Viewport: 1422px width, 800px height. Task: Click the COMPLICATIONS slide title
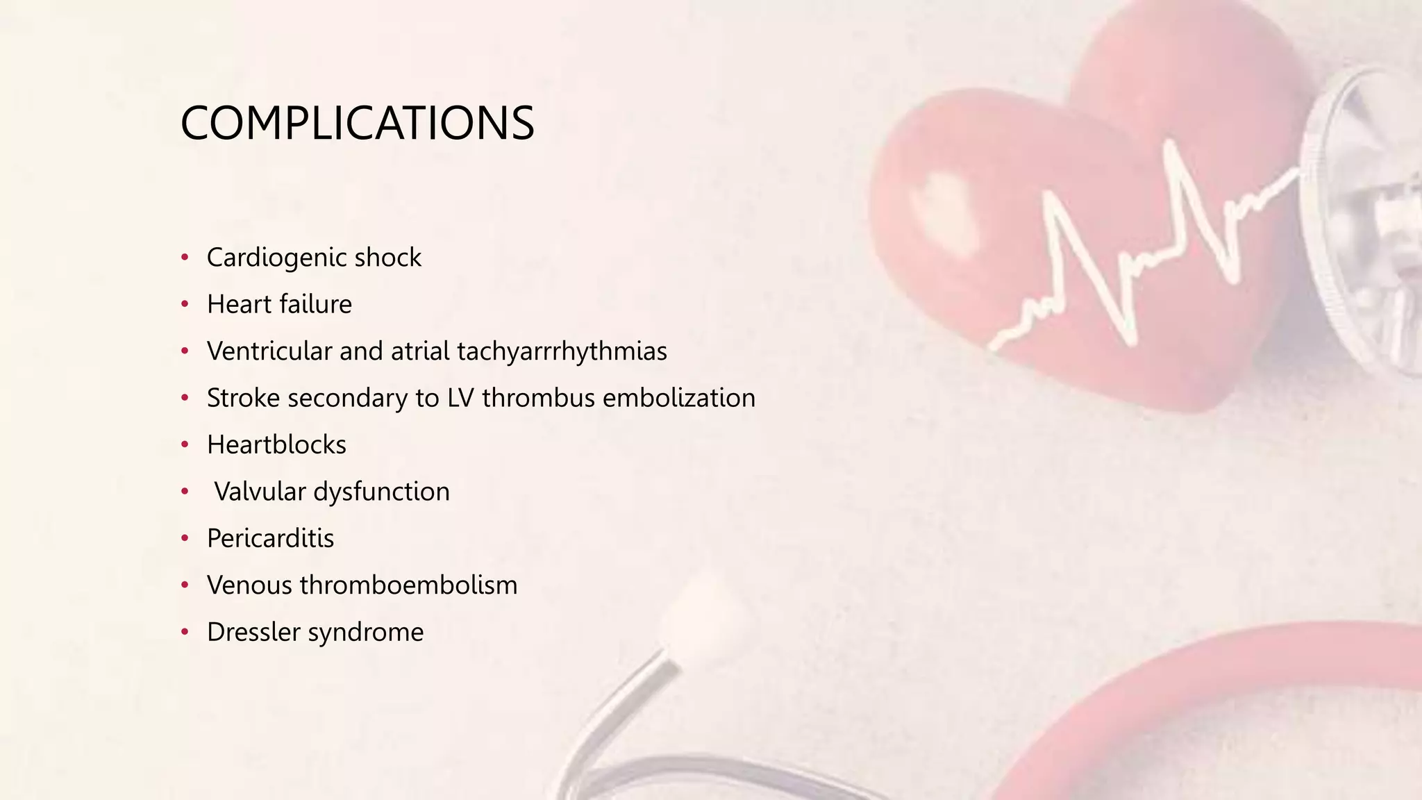click(x=357, y=124)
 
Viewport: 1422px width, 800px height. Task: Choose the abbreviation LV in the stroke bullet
click(x=461, y=398)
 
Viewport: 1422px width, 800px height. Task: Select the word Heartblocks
click(x=276, y=445)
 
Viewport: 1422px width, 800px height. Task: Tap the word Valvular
click(x=260, y=492)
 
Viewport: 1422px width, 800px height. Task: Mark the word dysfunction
click(x=381, y=492)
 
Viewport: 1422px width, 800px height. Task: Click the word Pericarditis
click(x=270, y=538)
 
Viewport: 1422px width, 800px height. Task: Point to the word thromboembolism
click(x=408, y=585)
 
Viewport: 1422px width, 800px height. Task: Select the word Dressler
click(x=253, y=632)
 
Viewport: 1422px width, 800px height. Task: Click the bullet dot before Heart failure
click(x=185, y=304)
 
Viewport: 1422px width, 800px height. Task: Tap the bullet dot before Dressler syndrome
click(x=185, y=632)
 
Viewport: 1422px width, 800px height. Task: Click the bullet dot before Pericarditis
click(x=185, y=538)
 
